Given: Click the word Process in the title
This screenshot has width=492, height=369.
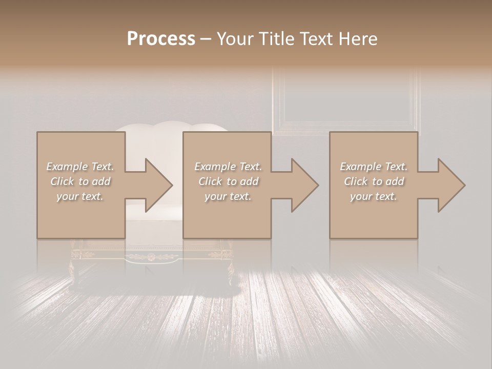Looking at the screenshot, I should click(x=161, y=39).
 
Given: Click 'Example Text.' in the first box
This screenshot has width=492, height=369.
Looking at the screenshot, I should click(x=80, y=167).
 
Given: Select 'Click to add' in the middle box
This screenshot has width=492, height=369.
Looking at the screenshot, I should click(x=228, y=181).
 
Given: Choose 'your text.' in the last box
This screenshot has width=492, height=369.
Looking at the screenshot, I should click(x=373, y=196).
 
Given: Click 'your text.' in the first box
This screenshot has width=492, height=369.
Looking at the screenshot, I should click(x=80, y=196).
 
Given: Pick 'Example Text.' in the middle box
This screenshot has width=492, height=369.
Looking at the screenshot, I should click(x=228, y=167).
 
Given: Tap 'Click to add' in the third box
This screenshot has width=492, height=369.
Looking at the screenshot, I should click(x=374, y=181).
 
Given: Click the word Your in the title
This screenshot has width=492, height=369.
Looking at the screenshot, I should click(x=234, y=39).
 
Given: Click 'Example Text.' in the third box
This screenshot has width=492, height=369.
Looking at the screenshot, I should click(x=374, y=167).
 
